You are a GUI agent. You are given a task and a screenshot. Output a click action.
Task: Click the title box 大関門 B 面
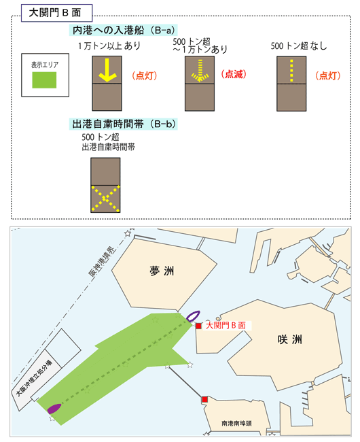point(56,13)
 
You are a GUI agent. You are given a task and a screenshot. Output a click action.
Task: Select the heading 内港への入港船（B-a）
point(124,30)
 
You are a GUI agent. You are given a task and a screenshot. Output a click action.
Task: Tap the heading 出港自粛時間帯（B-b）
point(124,124)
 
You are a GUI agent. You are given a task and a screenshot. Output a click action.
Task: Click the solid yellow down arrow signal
point(107,70)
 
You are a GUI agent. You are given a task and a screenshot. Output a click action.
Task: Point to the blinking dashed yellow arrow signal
point(200,71)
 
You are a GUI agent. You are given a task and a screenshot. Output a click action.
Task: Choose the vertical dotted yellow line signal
point(291,71)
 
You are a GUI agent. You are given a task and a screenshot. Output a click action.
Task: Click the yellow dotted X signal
point(105,199)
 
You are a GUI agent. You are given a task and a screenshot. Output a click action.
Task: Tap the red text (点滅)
point(234,74)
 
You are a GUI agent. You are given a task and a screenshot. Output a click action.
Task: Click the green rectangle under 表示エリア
point(44,80)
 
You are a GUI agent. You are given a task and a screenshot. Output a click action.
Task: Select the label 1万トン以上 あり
point(109,46)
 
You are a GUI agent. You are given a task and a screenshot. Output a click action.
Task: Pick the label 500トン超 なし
point(299,46)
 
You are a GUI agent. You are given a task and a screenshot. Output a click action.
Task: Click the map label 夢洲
point(162,271)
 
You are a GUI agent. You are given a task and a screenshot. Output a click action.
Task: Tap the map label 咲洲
point(290,339)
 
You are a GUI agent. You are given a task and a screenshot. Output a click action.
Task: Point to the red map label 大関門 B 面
point(226,325)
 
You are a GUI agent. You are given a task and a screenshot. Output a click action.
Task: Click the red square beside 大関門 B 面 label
point(198,326)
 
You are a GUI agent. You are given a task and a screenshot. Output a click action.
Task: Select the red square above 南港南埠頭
point(204,399)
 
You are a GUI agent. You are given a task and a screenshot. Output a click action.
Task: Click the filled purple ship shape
point(54,409)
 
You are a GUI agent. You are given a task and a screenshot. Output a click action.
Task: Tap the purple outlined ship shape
point(193,316)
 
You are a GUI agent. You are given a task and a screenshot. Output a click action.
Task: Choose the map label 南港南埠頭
point(236,423)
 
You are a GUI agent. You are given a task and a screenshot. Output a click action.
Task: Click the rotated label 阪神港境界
point(102,261)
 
